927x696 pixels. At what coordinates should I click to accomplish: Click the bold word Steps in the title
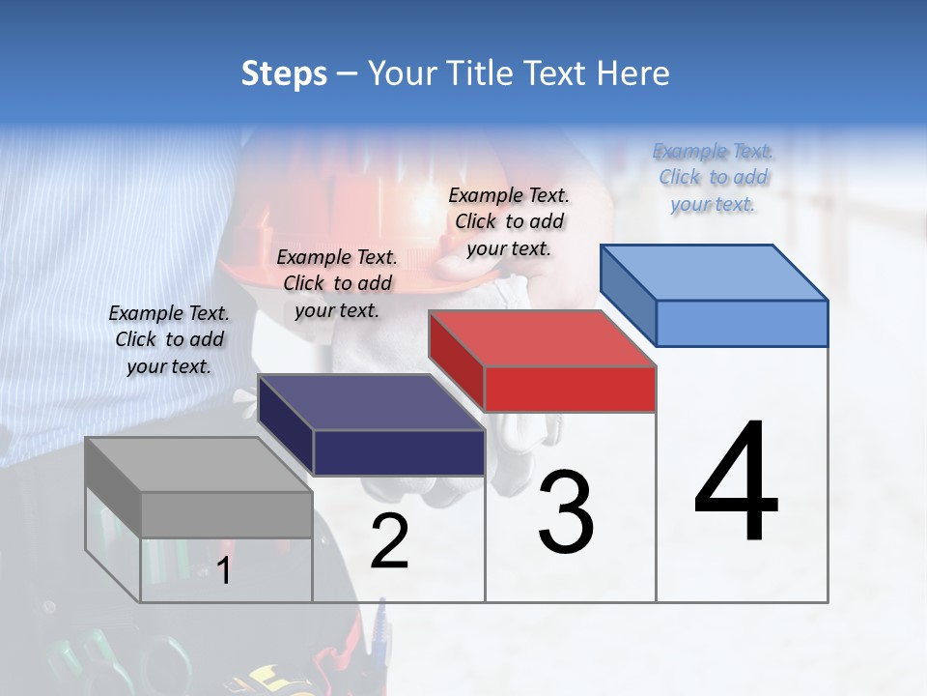point(284,73)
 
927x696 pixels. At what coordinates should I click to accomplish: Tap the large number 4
point(736,482)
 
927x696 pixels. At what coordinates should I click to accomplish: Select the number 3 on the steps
point(566,511)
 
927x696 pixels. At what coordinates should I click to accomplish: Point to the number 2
point(389,541)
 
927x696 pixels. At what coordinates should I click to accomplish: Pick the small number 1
point(224,570)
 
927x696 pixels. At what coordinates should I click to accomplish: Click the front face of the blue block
point(742,323)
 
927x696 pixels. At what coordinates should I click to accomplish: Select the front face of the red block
point(570,389)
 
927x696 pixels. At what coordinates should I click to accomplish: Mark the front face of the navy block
point(398,452)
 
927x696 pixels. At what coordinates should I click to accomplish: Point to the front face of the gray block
point(226,515)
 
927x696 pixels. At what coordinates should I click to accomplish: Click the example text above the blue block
point(713,178)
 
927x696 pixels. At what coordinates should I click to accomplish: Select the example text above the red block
point(509,221)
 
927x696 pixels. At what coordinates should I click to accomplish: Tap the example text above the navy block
point(337,283)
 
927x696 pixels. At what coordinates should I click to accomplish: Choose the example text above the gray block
point(169,339)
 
